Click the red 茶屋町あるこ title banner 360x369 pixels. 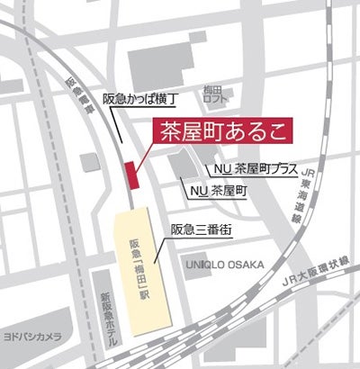220,130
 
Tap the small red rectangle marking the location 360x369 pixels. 131,171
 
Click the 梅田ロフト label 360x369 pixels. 212,94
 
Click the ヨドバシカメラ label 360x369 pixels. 30,336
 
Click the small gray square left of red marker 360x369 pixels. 89,162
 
